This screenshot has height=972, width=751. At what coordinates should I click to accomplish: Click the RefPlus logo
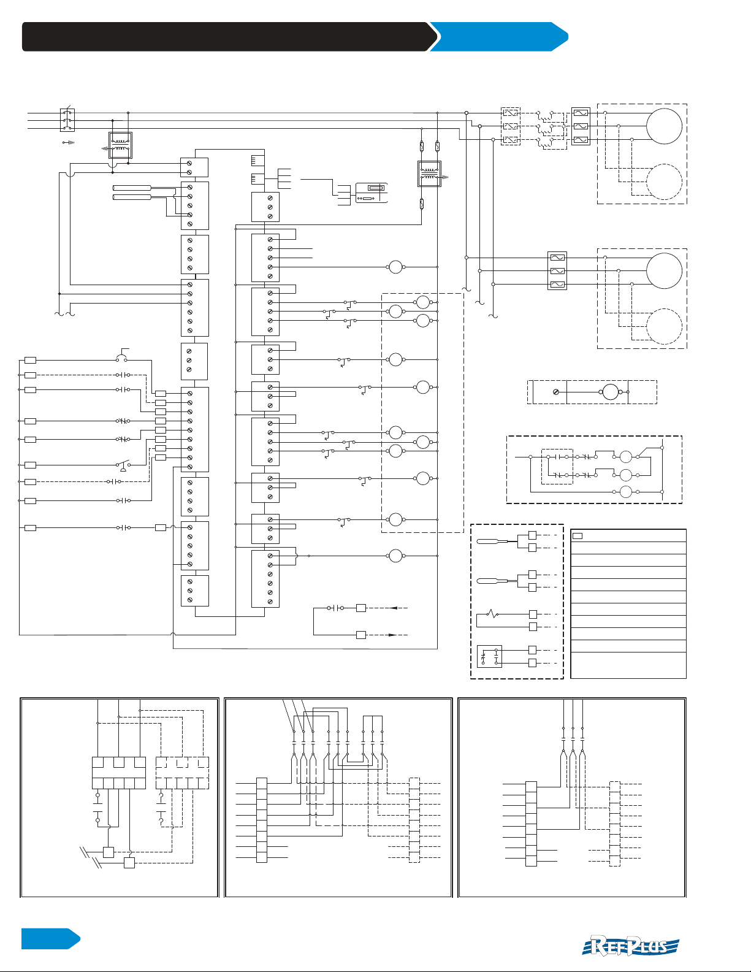pos(630,946)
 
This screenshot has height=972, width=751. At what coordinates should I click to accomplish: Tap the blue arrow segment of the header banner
pos(498,37)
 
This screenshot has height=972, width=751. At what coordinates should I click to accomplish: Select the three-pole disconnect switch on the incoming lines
pos(67,120)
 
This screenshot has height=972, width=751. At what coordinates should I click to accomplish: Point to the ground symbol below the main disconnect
pos(69,142)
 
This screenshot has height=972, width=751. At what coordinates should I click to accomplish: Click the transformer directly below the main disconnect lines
pos(120,145)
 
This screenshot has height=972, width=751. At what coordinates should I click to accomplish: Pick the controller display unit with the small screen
pos(372,193)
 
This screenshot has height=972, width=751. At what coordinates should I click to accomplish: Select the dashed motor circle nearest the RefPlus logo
pos(664,327)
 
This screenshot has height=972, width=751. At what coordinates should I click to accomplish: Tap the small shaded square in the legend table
pos(578,536)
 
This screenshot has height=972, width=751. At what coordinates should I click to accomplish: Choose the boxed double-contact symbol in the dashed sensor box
pos(489,657)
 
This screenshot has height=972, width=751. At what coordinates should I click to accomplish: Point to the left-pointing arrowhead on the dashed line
pos(394,608)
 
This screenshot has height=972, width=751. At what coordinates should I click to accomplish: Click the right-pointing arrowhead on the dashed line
pos(392,635)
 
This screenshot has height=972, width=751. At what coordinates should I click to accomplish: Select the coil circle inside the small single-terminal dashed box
pos(611,392)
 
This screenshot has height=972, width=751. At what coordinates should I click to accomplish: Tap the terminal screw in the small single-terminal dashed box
pos(556,392)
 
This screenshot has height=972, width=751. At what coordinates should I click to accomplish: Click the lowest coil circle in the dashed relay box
pos(625,491)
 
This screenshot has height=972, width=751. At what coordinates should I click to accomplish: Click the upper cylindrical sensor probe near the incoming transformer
pos(132,188)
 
